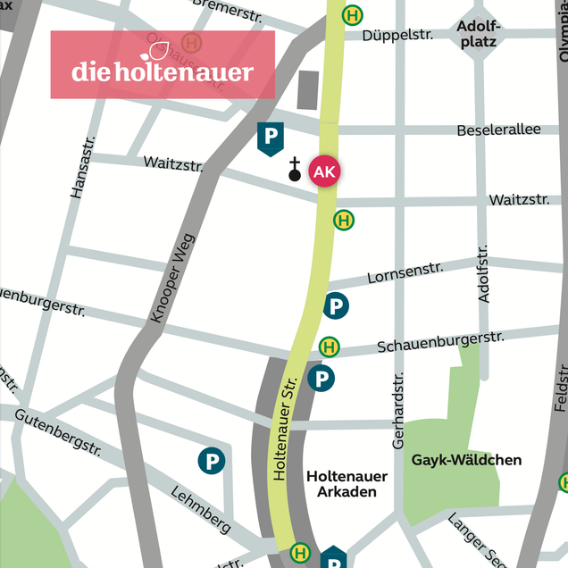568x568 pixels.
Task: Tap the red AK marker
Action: [324, 171]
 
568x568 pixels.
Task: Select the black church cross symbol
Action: [295, 169]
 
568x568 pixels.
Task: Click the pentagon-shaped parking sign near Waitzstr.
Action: [270, 138]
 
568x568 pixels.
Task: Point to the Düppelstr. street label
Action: [399, 35]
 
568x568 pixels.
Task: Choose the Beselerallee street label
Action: [498, 130]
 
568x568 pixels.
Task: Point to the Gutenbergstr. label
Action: [57, 433]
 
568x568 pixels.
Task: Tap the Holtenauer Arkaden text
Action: [341, 484]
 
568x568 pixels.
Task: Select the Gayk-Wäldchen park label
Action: [466, 461]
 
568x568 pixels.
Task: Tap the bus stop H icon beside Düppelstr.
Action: [355, 15]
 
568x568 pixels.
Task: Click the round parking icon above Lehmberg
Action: [212, 462]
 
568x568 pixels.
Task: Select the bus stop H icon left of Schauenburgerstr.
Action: [329, 347]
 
